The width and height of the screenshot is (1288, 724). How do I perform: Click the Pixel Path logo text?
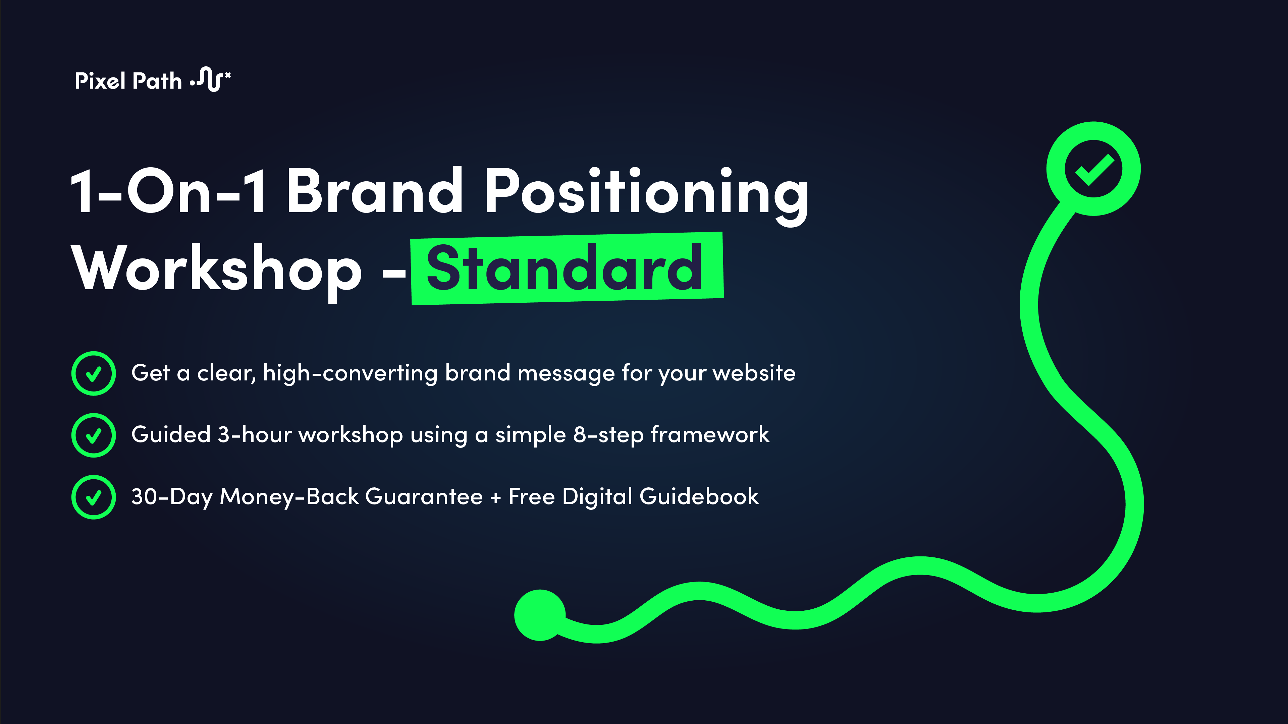128,81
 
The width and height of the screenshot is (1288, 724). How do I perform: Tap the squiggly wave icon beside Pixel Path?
210,79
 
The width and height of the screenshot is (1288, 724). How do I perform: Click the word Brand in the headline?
374,191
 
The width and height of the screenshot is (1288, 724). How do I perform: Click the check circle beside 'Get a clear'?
94,374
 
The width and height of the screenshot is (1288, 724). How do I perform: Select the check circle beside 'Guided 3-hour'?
94,435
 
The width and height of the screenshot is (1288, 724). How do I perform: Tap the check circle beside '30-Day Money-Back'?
94,497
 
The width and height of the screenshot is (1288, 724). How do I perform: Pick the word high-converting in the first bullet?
350,374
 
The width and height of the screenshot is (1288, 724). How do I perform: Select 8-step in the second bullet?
608,435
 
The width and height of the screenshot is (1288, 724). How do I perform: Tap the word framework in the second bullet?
710,435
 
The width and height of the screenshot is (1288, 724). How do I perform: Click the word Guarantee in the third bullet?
424,497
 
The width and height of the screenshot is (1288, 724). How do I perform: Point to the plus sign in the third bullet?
495,498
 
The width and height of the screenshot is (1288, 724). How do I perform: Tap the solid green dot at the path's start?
539,615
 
